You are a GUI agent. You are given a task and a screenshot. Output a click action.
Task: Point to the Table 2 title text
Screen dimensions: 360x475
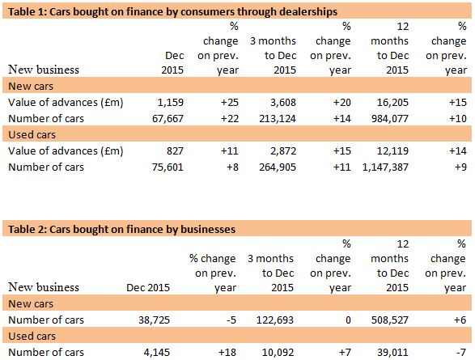coord(121,229)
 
